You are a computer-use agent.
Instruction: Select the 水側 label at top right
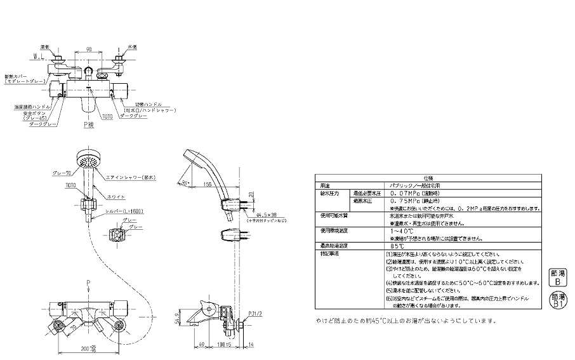(132, 46)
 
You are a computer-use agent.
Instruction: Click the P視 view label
(91, 125)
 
